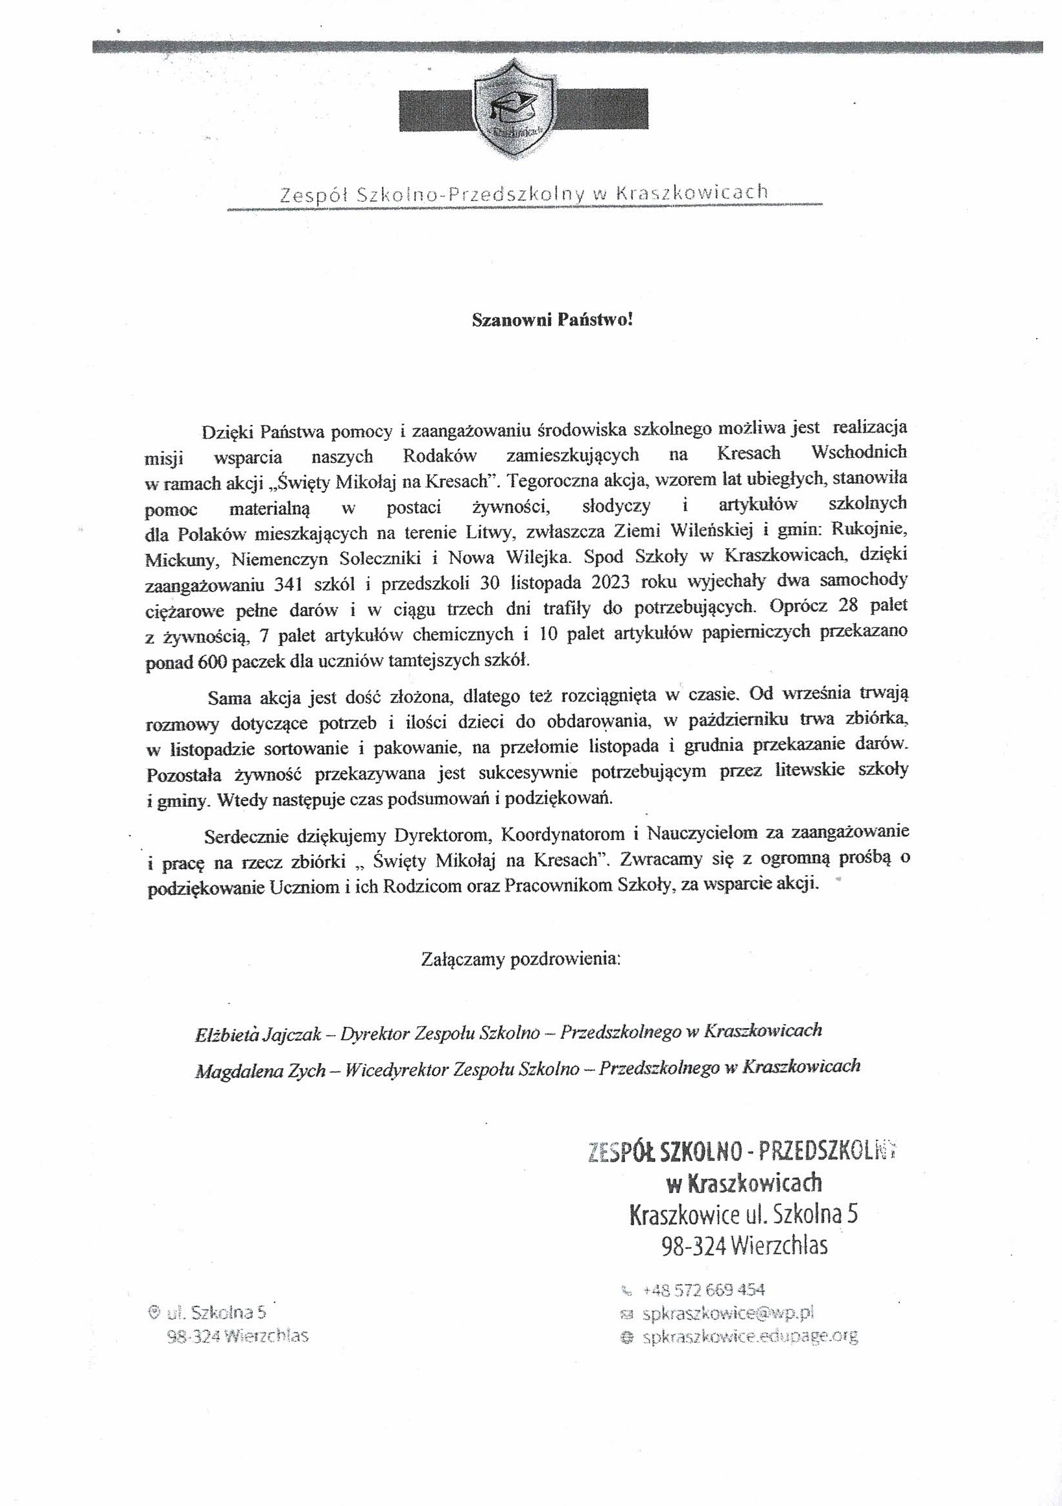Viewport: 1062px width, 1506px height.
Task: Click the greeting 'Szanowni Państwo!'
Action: (553, 320)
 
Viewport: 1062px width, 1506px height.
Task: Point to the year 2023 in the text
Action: (613, 582)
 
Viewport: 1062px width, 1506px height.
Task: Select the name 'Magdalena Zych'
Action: (260, 1070)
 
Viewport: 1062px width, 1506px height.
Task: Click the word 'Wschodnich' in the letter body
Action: (859, 453)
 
